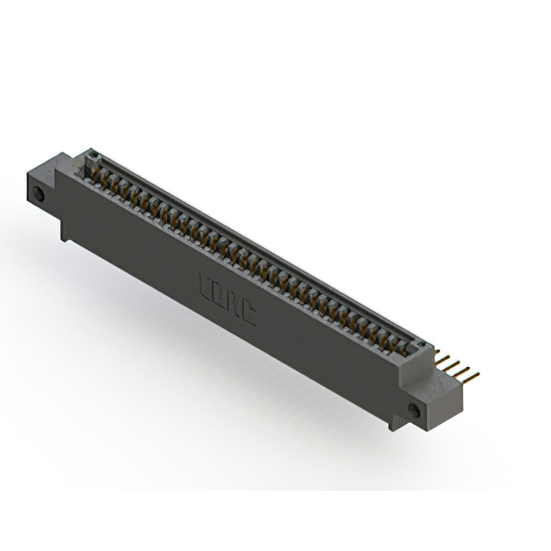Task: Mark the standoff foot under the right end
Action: [395, 423]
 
